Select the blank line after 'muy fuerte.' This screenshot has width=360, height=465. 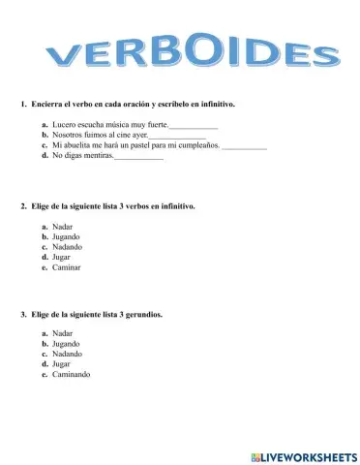(x=193, y=127)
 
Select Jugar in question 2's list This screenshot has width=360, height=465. (x=63, y=258)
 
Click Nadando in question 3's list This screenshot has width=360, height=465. (x=67, y=354)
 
